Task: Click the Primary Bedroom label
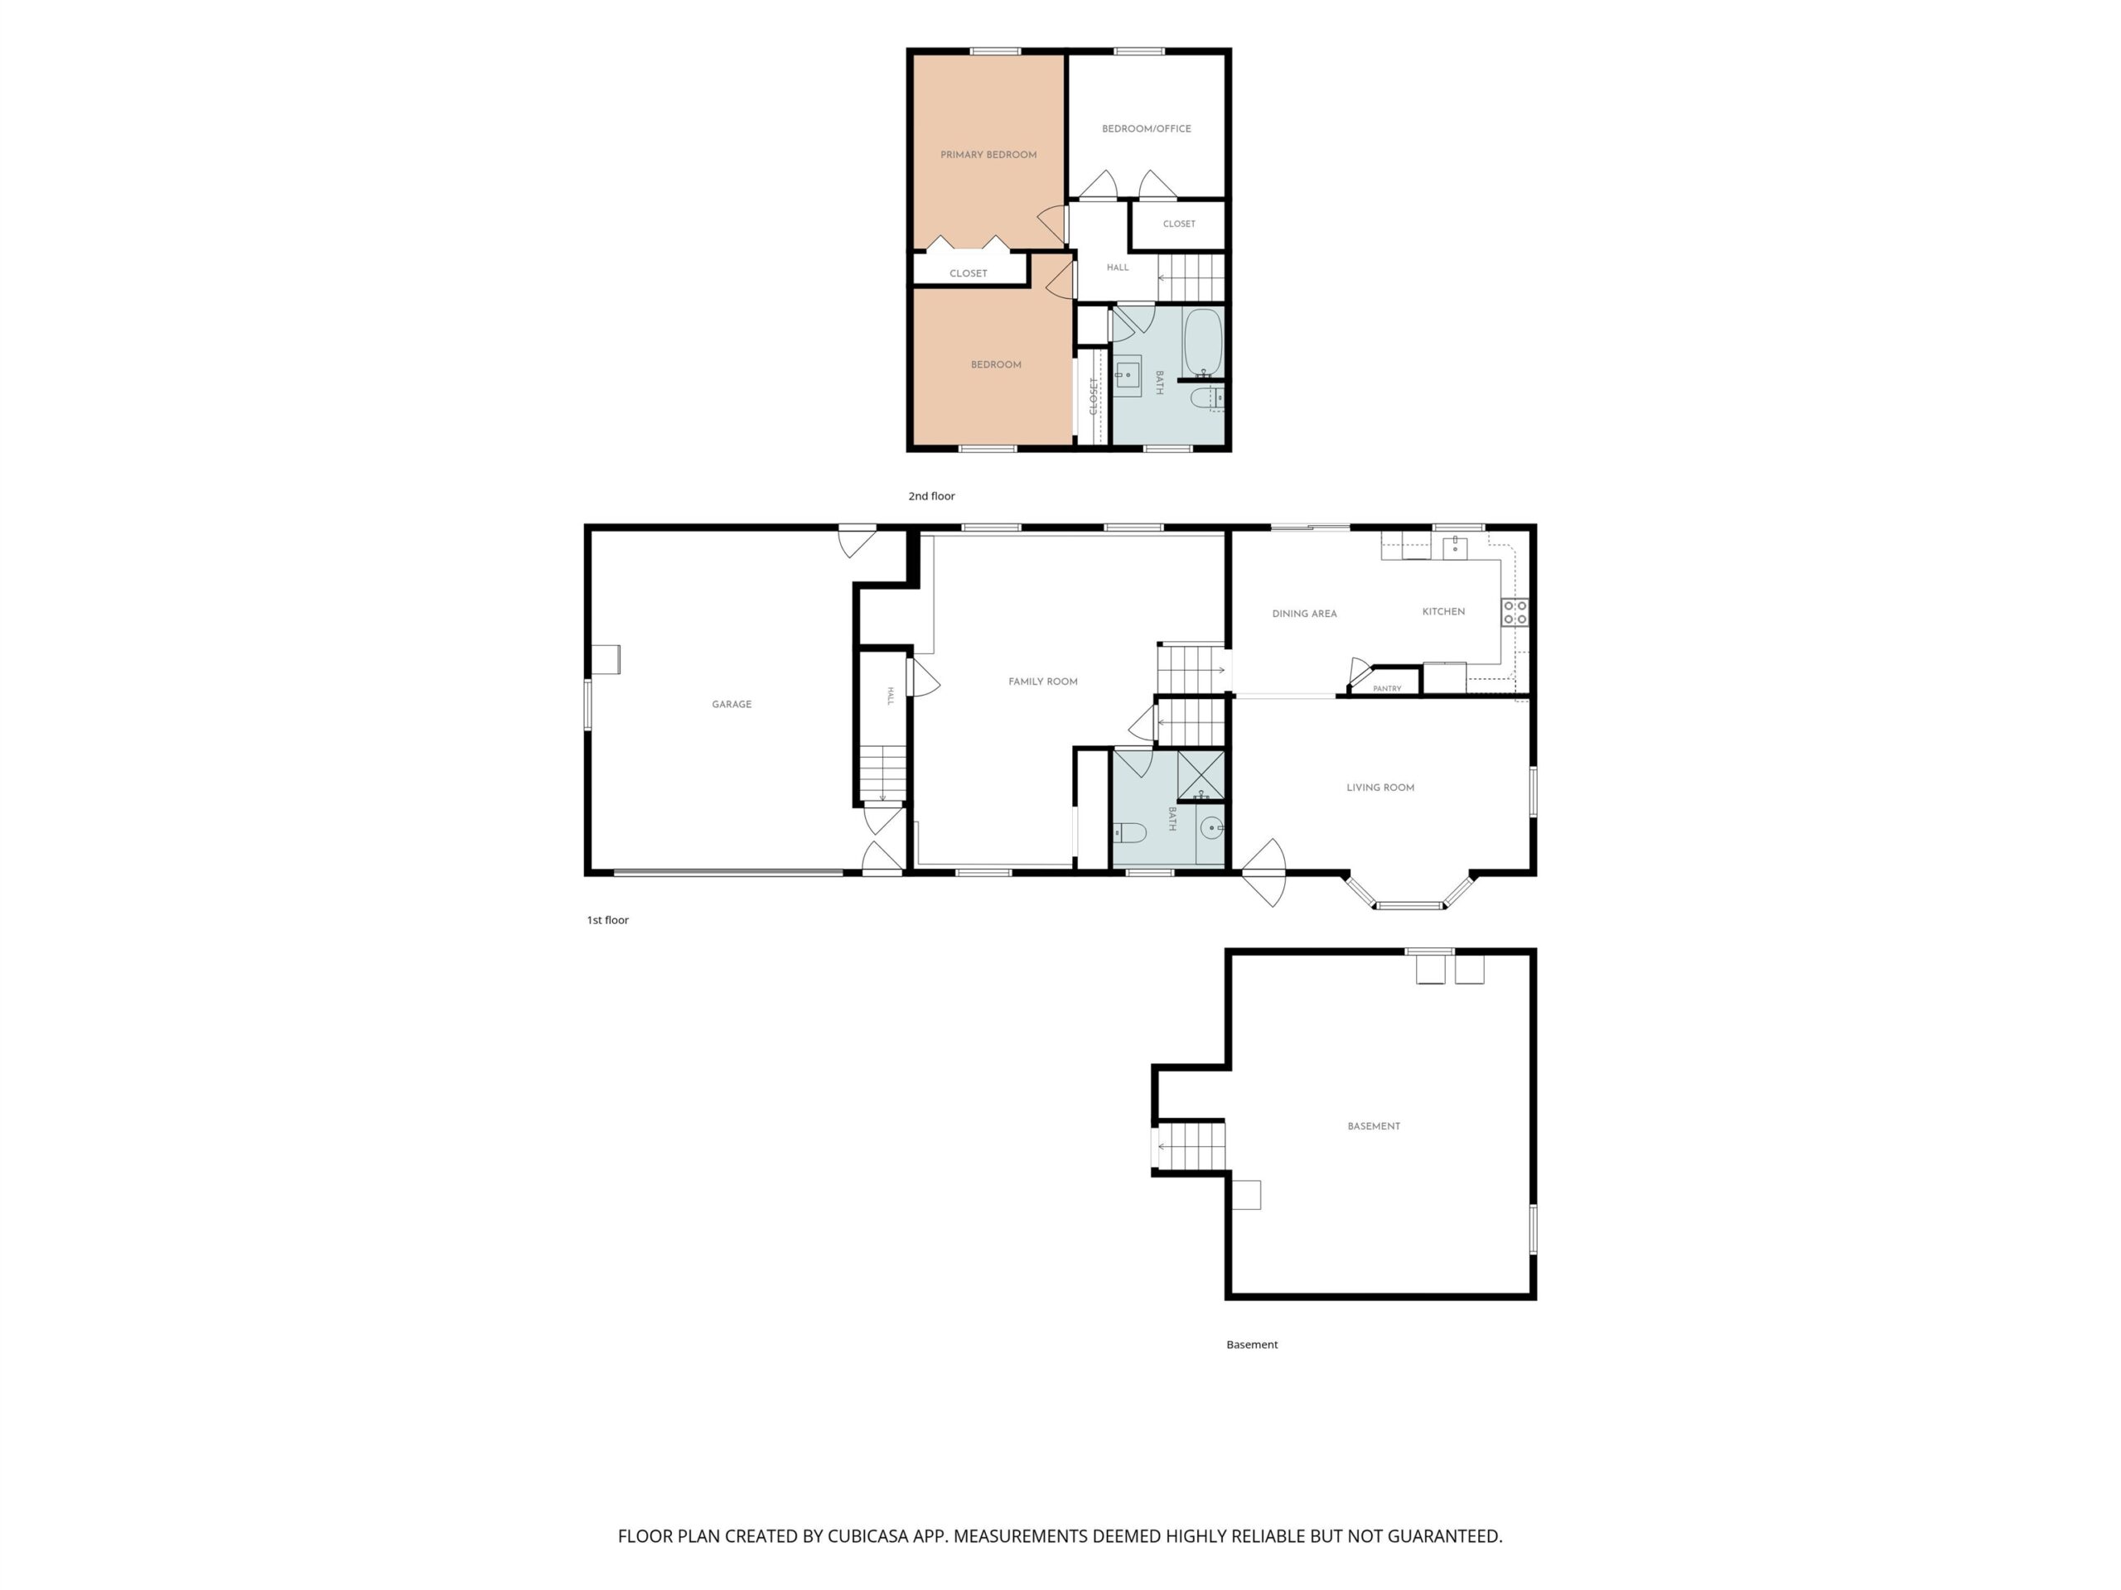pos(988,154)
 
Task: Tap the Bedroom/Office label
pos(1146,128)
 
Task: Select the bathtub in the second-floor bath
pos(1203,342)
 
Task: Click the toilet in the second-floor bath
pos(1207,397)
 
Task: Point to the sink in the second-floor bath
pos(1127,376)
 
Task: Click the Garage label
pos(732,705)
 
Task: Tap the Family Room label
pos(1042,682)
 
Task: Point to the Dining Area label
pos(1304,614)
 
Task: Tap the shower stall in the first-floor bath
pos(1201,775)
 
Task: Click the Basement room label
pos(1373,1126)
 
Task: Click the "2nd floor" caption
pos(931,495)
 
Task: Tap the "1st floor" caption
pos(608,920)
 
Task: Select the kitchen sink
pos(1455,547)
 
